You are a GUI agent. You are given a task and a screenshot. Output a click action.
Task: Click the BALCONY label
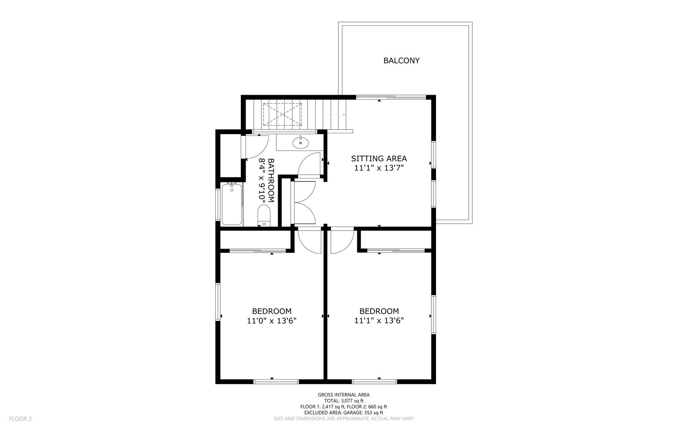tap(401, 61)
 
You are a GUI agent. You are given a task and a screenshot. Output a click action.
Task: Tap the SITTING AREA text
tap(379, 158)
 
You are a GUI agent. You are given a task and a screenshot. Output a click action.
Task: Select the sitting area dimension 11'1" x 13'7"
tap(379, 168)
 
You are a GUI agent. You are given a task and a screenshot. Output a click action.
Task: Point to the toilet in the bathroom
tap(263, 215)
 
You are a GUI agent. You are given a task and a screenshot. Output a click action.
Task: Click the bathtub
tap(232, 204)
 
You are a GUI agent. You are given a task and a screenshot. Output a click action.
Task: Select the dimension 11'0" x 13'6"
tap(272, 320)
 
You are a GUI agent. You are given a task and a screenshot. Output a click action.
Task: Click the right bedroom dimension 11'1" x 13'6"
tap(379, 320)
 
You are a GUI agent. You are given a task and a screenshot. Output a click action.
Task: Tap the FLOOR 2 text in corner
tap(20, 418)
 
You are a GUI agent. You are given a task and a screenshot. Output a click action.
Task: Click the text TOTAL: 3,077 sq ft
tap(344, 400)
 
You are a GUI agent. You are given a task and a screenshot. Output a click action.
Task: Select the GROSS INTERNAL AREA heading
tap(344, 394)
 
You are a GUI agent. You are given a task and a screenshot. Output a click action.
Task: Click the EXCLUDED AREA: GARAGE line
tap(344, 412)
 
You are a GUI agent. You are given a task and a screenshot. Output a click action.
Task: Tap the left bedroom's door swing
tap(309, 242)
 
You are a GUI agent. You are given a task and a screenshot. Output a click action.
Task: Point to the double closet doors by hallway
tap(304, 202)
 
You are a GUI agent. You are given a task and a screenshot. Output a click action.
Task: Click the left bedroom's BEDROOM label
tap(272, 311)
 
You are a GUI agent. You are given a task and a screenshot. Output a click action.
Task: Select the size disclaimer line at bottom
tap(344, 418)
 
